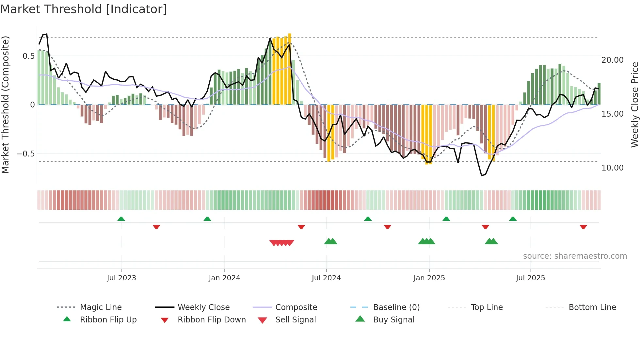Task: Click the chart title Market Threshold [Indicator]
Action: pos(84,9)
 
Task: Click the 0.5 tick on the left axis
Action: pos(28,56)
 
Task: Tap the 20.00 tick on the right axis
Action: pos(612,60)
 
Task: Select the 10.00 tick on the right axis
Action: pos(612,168)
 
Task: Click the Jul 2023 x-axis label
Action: pos(121,278)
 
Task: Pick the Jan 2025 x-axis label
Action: pos(429,278)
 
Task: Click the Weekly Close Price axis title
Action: pos(634,105)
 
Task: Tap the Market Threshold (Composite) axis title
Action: pos(5,105)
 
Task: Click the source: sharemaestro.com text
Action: pos(575,256)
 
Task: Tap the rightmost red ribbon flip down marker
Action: pos(583,227)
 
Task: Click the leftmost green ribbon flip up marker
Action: pos(121,219)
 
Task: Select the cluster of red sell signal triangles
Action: pos(281,243)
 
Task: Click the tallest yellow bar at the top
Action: pos(290,69)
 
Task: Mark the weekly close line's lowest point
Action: pos(482,175)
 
